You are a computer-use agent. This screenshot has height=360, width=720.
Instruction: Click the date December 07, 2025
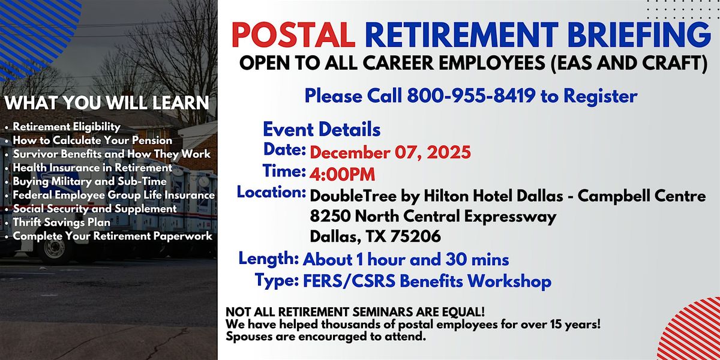click(x=390, y=152)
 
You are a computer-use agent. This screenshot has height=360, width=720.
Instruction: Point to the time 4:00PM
click(x=343, y=174)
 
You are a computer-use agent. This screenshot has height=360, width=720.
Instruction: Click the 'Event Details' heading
click(x=322, y=129)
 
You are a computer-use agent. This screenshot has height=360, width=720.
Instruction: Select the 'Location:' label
click(x=272, y=193)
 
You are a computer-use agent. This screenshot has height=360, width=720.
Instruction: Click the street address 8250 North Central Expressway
click(x=433, y=216)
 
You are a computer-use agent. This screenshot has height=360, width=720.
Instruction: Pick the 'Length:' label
click(x=269, y=259)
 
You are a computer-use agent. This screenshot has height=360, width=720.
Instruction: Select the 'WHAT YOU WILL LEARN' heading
click(x=107, y=103)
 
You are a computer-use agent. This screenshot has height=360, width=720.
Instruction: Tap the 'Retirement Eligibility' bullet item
click(x=67, y=127)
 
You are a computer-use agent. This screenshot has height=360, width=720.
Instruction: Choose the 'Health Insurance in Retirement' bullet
click(x=92, y=167)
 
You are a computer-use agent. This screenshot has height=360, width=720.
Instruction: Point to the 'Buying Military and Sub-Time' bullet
click(x=89, y=181)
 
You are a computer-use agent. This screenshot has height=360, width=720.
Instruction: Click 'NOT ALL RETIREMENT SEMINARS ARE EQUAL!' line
click(x=346, y=314)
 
